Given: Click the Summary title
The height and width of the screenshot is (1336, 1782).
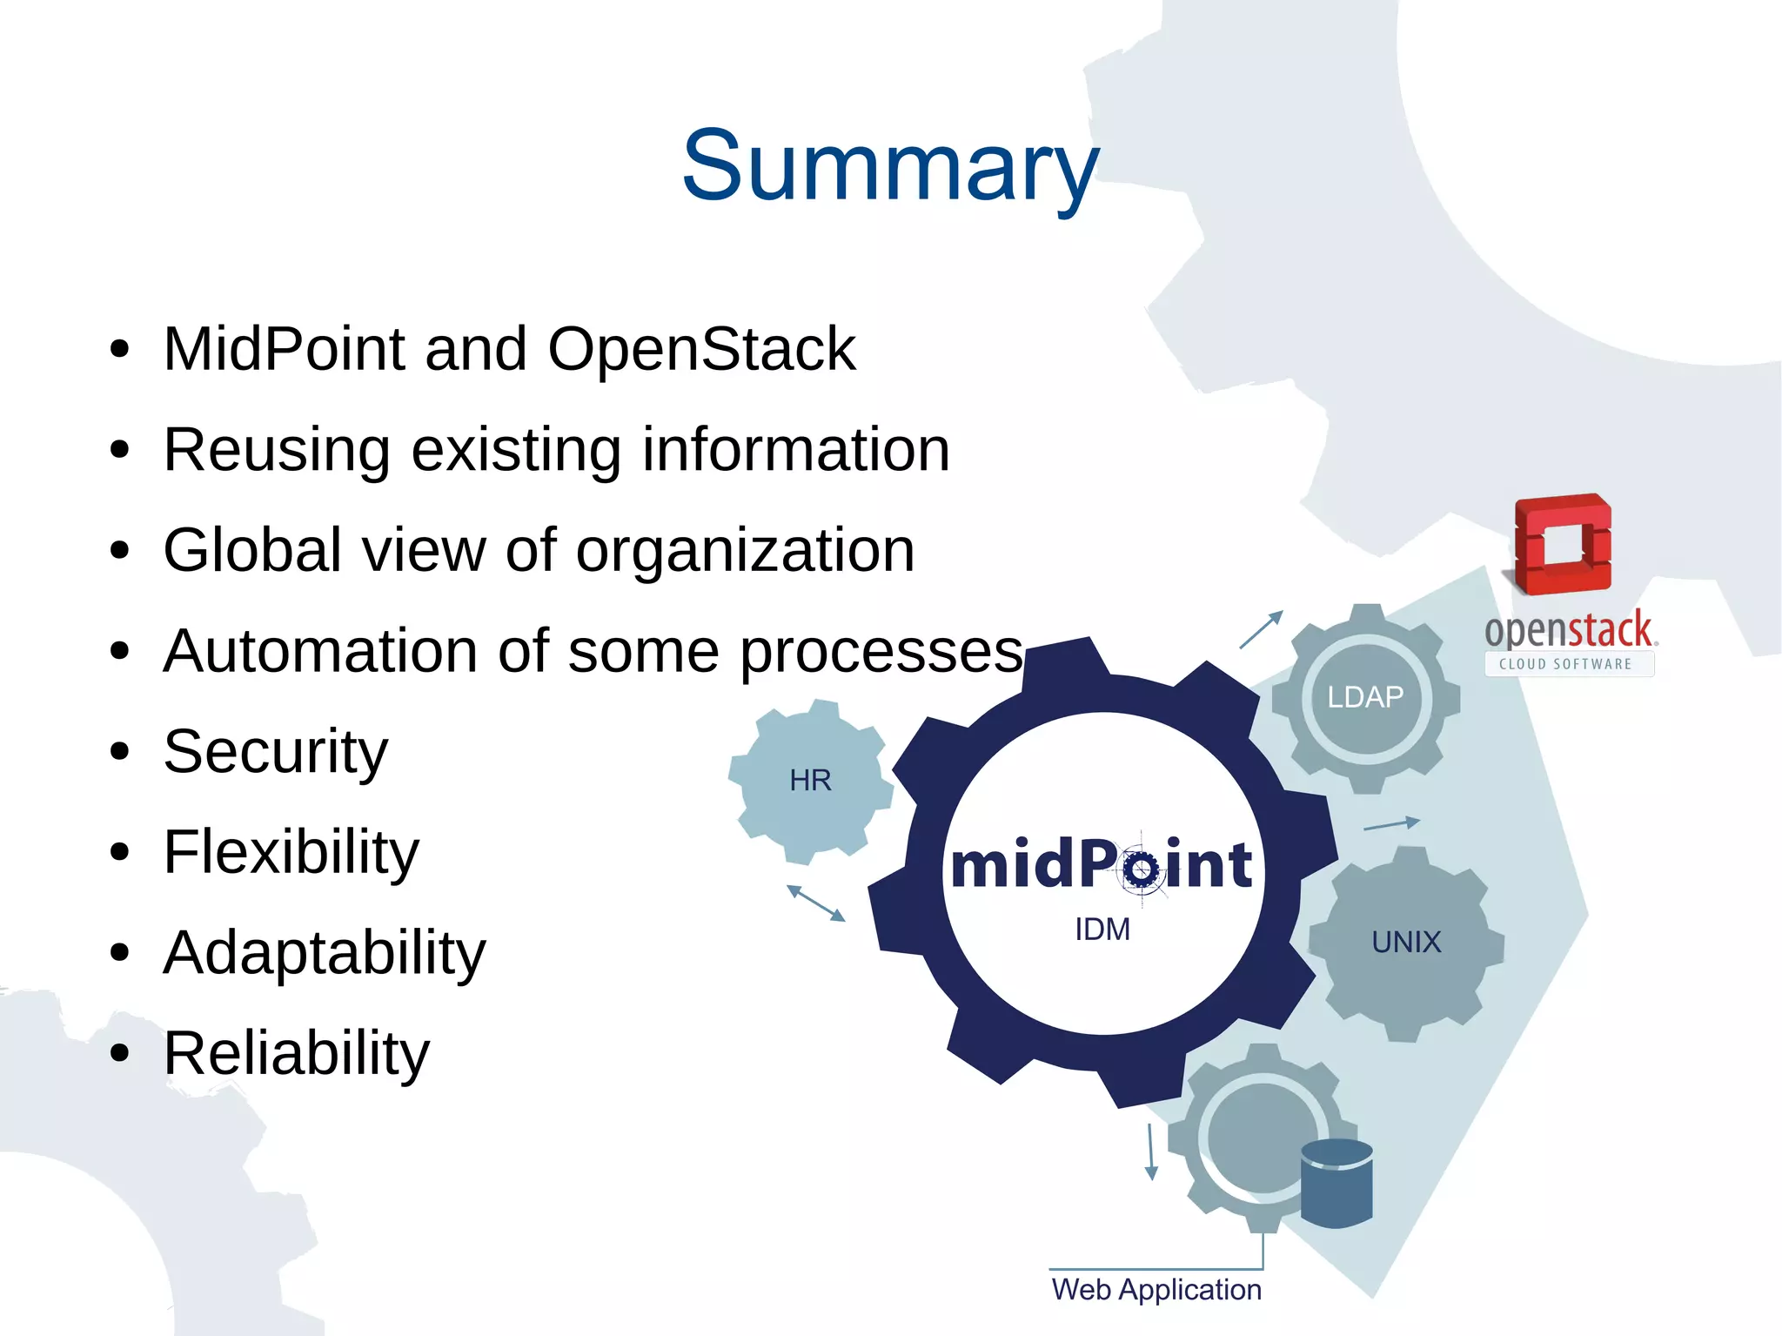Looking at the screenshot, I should click(x=890, y=165).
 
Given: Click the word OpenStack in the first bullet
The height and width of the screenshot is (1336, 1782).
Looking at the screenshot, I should click(x=701, y=349).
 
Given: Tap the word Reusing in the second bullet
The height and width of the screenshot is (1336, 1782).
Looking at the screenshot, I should click(x=277, y=450).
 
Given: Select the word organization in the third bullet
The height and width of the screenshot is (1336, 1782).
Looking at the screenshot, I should click(x=745, y=551).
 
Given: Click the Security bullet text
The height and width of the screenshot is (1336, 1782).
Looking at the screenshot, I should click(x=275, y=751).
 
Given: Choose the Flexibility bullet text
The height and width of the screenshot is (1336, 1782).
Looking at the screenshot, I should click(x=291, y=852).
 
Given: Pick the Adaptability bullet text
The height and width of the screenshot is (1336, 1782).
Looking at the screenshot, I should click(x=324, y=952).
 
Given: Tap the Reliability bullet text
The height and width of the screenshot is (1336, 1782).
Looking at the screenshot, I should click(x=296, y=1053).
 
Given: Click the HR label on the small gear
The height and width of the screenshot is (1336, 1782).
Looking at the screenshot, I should click(x=810, y=781).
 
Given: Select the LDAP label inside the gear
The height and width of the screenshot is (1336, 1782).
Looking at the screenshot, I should click(x=1365, y=697).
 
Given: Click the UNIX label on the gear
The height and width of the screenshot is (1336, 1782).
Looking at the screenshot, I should click(x=1406, y=943).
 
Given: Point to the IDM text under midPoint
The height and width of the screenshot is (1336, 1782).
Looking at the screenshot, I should click(x=1102, y=930).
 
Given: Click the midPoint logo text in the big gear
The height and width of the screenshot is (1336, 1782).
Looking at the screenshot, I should click(x=1102, y=865).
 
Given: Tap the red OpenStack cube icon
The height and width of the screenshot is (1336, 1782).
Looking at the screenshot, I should click(x=1563, y=544).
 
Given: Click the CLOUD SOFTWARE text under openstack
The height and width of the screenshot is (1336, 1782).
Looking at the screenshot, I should click(x=1565, y=664).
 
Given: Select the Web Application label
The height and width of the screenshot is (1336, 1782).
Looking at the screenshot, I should click(x=1156, y=1290).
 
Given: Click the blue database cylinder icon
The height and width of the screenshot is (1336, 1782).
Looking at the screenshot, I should click(x=1336, y=1184).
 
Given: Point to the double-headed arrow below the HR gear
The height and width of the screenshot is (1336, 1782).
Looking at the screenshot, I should click(x=815, y=903).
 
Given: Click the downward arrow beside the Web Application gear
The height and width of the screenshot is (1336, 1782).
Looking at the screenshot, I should click(x=1151, y=1151).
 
